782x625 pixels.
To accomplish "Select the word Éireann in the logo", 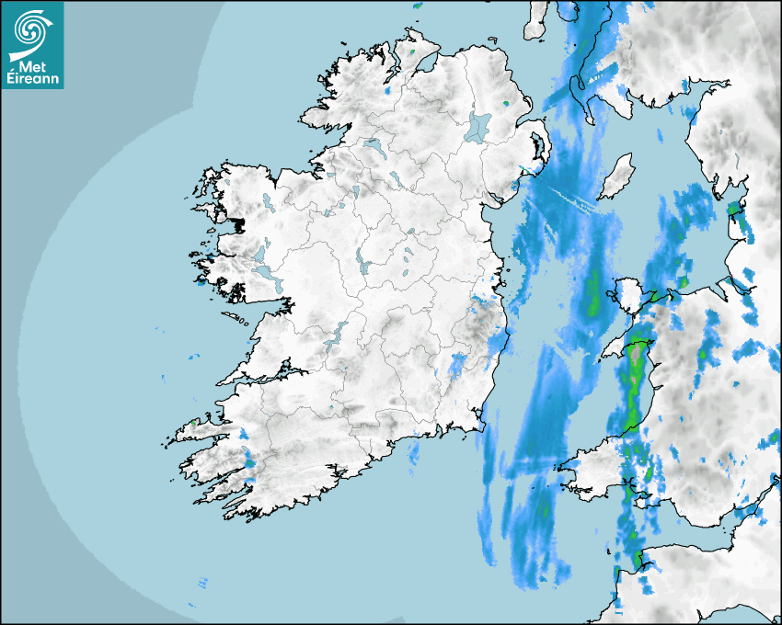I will (x=32, y=79).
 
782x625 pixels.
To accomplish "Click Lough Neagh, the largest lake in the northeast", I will (x=478, y=126).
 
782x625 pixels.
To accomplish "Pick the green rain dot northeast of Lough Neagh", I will (x=506, y=103).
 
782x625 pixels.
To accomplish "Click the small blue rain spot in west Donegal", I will (x=387, y=91).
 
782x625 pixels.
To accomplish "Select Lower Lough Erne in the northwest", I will (x=374, y=145).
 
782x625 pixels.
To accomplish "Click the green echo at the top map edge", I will (x=416, y=6).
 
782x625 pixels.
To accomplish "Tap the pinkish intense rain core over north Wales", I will (x=635, y=350).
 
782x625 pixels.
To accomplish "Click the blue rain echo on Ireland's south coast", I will (x=414, y=451).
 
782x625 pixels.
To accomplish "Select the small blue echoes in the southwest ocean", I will (x=201, y=583).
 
